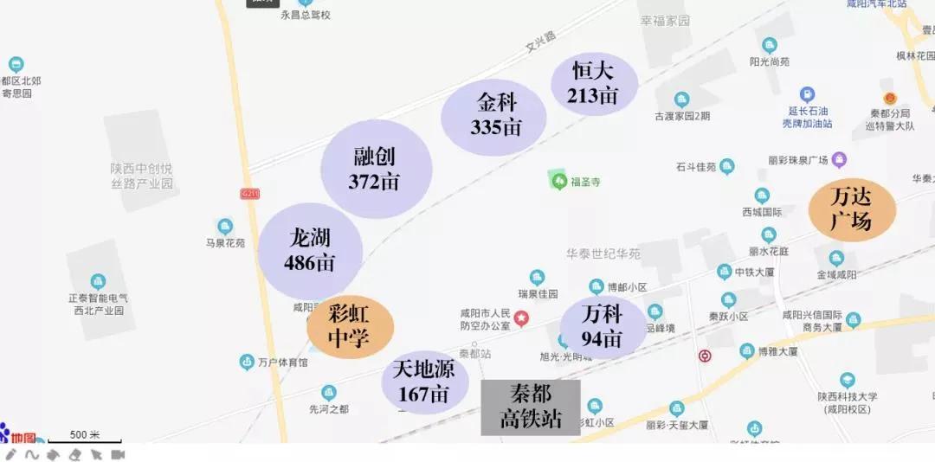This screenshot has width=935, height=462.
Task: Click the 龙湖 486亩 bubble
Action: [x=310, y=251]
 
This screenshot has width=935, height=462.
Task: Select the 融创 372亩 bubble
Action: [x=376, y=169]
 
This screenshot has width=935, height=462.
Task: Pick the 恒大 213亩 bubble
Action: [x=594, y=84]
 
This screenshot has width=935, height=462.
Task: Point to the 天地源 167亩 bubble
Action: [x=424, y=382]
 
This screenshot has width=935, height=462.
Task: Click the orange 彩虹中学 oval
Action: [x=350, y=326]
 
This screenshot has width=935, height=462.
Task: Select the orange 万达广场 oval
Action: [x=851, y=209]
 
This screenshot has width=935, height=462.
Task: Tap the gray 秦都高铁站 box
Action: [x=531, y=407]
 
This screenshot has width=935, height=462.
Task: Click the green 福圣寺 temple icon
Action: [x=559, y=181]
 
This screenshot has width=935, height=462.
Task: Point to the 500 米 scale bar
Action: [x=85, y=440]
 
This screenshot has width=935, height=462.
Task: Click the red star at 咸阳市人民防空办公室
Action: [x=521, y=318]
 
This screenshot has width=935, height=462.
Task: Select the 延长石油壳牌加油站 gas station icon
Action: [x=807, y=94]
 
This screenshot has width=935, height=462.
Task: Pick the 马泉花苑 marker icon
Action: [x=225, y=227]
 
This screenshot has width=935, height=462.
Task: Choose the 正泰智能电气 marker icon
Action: [x=98, y=281]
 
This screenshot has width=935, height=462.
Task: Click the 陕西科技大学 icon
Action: [x=847, y=380]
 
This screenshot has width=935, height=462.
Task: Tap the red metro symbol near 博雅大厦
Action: [x=705, y=356]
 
